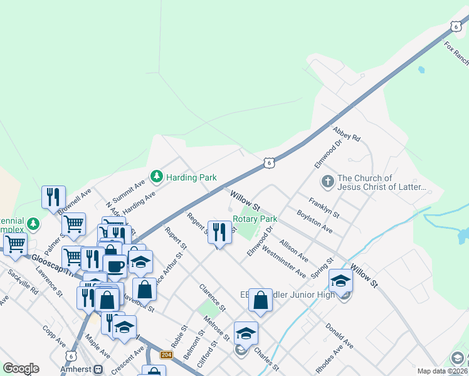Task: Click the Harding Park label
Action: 191,177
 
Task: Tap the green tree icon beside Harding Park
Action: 156,177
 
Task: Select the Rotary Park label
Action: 255,219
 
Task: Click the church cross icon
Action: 327,182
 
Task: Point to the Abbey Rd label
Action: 347,133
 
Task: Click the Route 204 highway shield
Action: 166,354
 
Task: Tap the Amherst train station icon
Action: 98,370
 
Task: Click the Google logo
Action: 21,368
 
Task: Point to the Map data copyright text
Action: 442,371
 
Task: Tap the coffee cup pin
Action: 115,266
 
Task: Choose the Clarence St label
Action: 213,298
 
